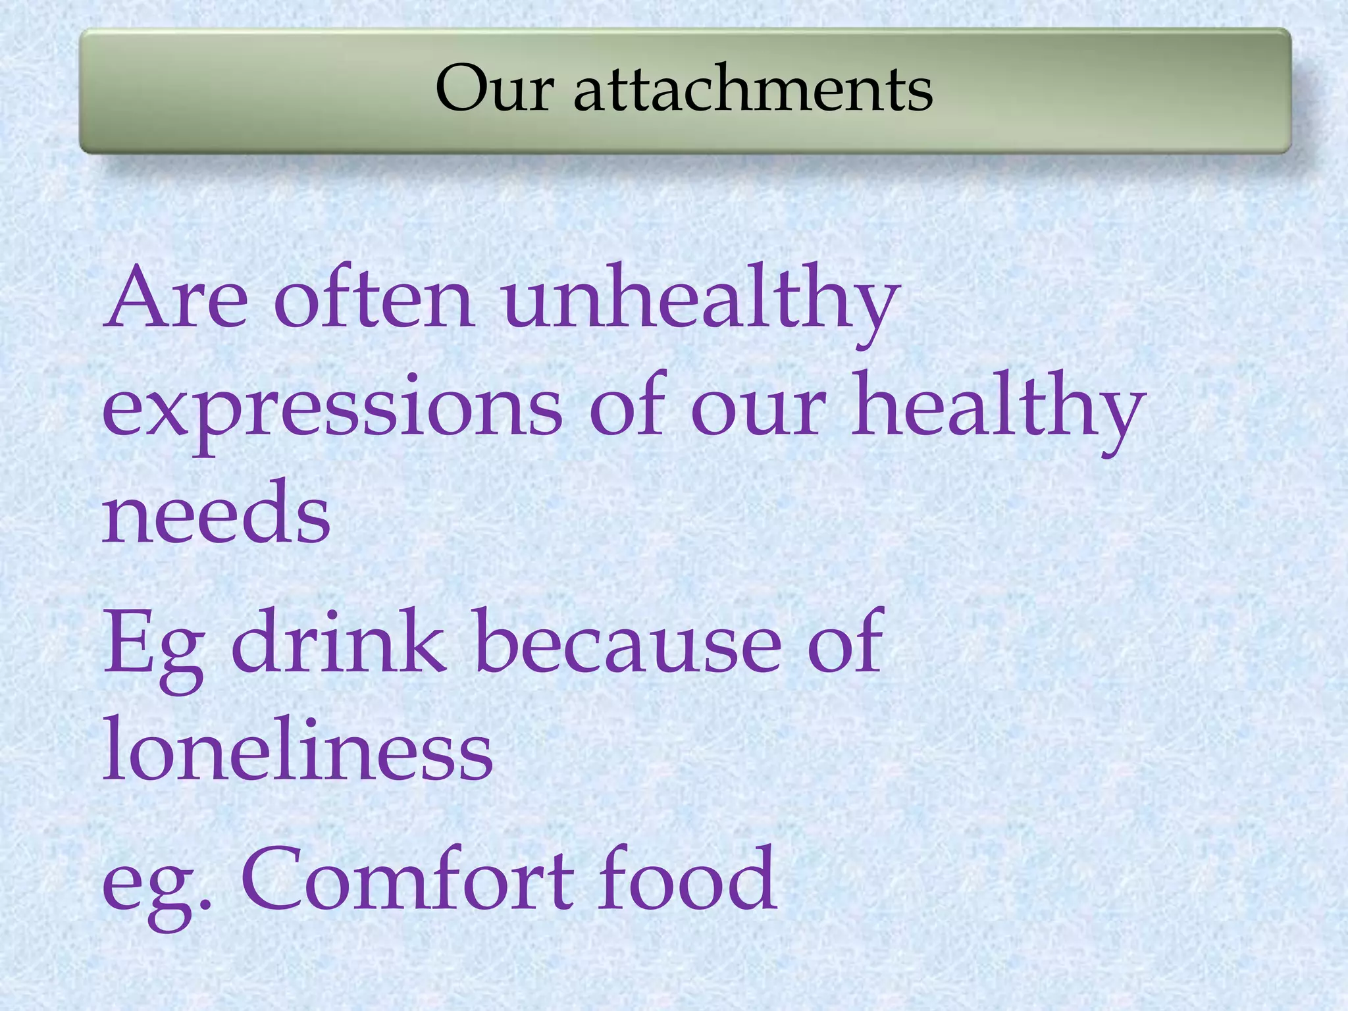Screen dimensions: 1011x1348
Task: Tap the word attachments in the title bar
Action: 753,89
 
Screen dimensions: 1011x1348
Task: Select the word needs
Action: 216,513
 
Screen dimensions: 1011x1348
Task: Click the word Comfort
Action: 407,879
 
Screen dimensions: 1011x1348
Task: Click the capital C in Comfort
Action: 277,879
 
